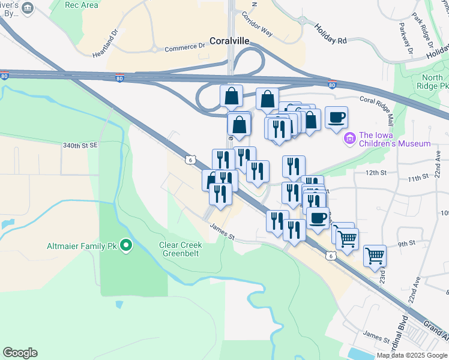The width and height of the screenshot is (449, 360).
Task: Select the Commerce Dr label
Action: (x=185, y=47)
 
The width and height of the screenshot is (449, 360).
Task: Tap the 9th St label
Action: (x=406, y=243)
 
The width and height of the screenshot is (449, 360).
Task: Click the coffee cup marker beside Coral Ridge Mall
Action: (x=337, y=117)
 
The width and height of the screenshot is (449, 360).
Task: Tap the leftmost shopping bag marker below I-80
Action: (x=232, y=95)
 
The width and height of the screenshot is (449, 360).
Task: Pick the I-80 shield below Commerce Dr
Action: (x=120, y=79)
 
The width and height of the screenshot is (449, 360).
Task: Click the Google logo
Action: (x=20, y=353)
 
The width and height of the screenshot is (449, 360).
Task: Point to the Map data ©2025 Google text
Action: (x=412, y=355)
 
